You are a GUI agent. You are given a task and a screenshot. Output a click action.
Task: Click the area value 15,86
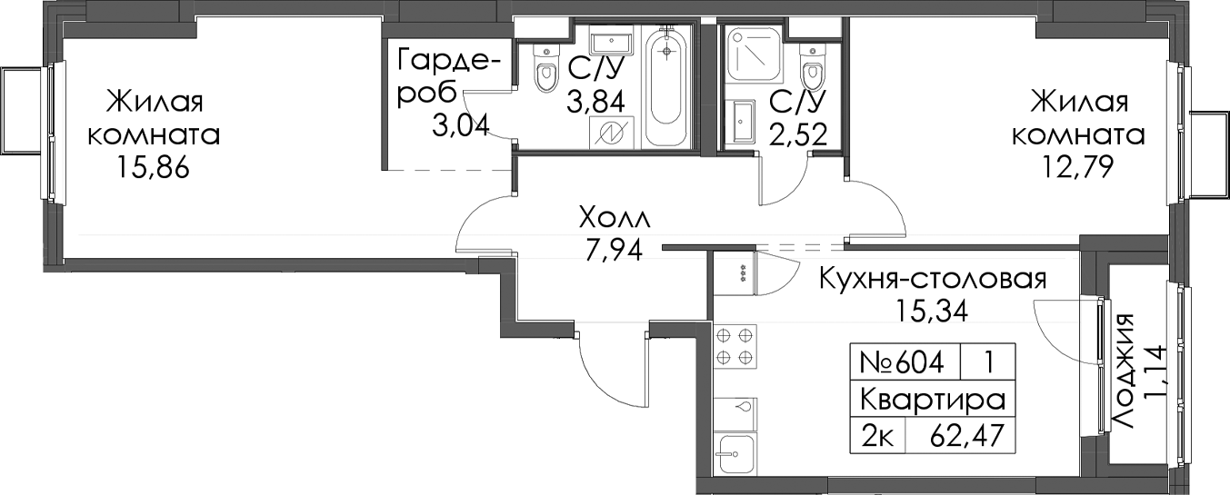(154, 168)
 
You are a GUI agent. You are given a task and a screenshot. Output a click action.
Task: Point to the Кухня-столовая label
(933, 281)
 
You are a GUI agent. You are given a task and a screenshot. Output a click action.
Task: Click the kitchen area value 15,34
(932, 312)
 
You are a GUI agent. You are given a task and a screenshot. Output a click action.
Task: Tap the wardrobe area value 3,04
(461, 127)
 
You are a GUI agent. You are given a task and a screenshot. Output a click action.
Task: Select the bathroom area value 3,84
(595, 102)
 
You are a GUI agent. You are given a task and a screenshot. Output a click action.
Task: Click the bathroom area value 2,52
(798, 134)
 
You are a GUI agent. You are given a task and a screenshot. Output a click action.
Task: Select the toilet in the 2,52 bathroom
(813, 72)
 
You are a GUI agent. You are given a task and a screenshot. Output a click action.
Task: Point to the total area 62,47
(967, 437)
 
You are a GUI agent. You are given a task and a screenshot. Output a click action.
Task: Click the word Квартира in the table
(933, 400)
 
